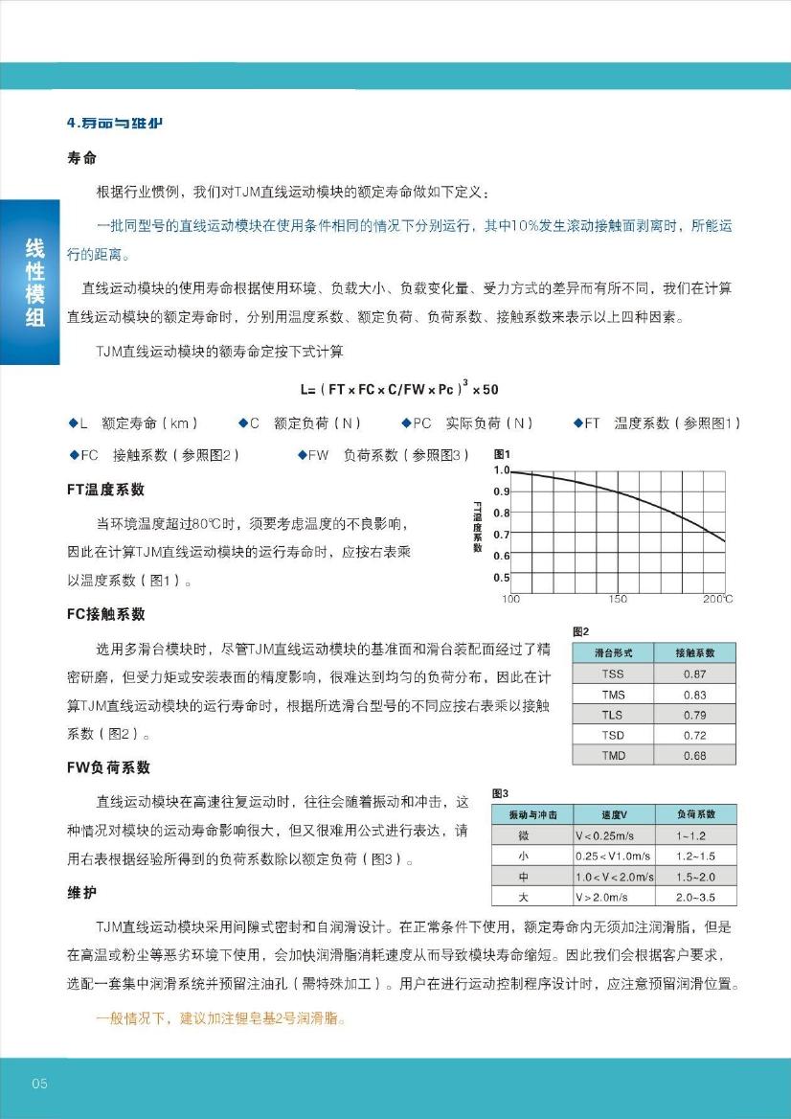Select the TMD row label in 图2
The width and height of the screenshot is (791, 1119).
point(613,755)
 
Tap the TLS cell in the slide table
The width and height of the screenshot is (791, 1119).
point(613,715)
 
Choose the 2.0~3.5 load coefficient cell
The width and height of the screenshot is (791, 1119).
point(695,897)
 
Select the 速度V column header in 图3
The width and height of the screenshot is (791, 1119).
point(614,814)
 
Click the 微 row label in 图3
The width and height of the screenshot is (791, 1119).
point(523,835)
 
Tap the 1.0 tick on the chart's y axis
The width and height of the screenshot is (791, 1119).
point(501,470)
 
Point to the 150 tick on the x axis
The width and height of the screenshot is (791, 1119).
point(619,599)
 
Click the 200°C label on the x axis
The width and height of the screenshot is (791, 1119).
point(717,599)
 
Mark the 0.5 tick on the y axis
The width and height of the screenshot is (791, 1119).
point(501,577)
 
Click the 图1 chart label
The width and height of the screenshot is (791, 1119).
point(502,454)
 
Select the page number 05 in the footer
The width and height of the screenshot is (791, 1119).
point(39,1084)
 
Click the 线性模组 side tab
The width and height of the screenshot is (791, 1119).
point(34,283)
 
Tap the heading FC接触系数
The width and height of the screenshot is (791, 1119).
point(105,614)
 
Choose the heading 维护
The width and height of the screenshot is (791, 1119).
point(81,893)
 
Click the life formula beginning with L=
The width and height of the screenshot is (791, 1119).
point(398,388)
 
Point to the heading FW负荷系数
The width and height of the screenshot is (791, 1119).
point(108,767)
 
